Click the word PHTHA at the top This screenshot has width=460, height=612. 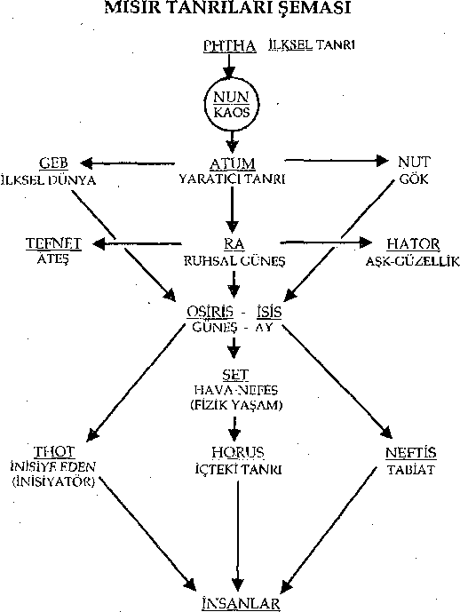pos(230,46)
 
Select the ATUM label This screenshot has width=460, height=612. pos(232,164)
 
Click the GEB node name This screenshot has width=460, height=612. pos(53,163)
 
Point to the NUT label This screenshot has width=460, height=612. pos(414,162)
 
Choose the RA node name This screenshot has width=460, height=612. pos(234,244)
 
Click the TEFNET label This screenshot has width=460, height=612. pos(53,243)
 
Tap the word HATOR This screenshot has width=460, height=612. pos(413,244)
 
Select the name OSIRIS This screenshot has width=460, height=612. pos(210,312)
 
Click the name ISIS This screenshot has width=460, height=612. pos(269,312)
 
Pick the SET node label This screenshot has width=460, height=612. pos(235,375)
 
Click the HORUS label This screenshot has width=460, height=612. pos(238,453)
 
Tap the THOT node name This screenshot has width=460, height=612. pos(54,452)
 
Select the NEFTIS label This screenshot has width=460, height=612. pos(411,453)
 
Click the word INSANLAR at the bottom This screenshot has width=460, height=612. pos(242,603)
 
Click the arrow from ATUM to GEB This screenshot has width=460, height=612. pos(127,163)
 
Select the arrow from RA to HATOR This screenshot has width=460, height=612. pos(326,242)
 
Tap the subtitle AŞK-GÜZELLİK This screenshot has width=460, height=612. pos(413,261)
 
